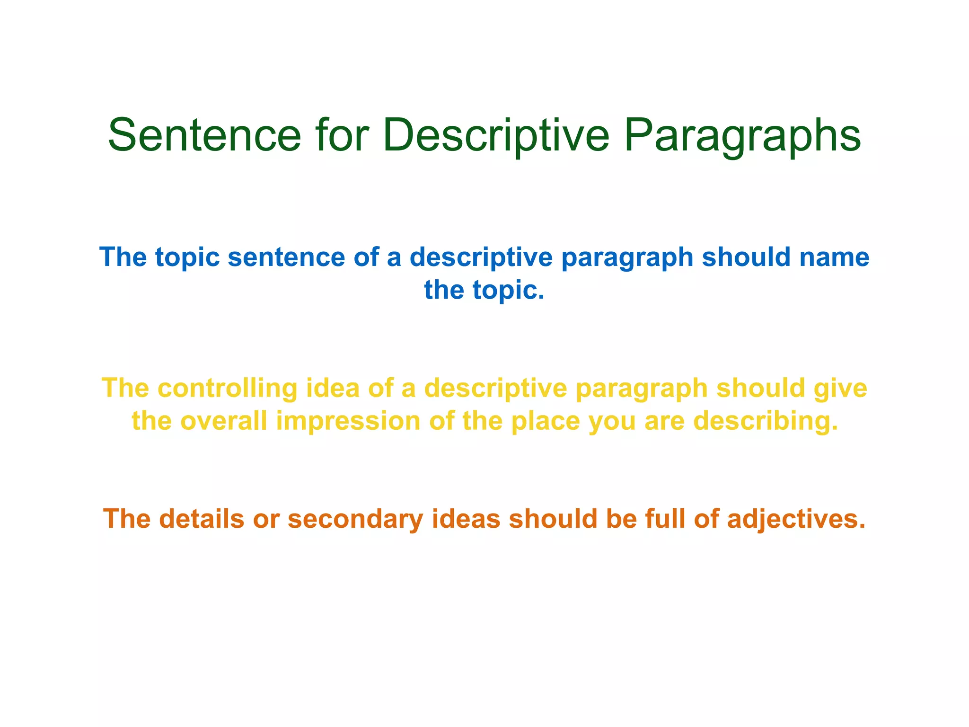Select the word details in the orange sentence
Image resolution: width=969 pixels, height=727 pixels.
[x=201, y=519]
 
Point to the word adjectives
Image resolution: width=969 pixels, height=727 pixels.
[x=796, y=520]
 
